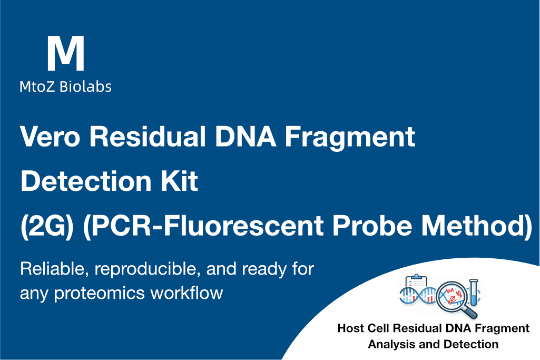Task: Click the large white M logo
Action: (x=65, y=53)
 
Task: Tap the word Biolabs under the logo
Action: (x=85, y=86)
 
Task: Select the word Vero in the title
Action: (x=50, y=137)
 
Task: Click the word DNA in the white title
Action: (x=245, y=137)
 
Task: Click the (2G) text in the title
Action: (x=47, y=226)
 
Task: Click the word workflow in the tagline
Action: (x=186, y=293)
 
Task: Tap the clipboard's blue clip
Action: (x=416, y=277)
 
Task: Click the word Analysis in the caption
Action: (x=387, y=345)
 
